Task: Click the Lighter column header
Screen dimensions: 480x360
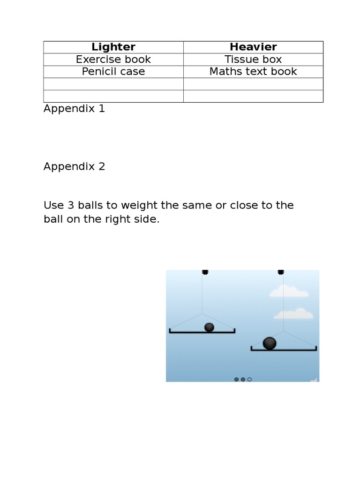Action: point(113,47)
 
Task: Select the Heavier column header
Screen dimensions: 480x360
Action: point(253,47)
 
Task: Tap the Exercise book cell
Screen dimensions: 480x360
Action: point(113,60)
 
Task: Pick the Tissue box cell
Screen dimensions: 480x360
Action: point(253,60)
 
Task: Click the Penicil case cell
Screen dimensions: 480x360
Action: point(113,72)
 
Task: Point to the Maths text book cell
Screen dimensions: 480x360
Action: point(253,72)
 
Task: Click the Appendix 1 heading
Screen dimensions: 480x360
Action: point(74,109)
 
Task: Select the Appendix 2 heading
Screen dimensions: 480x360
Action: point(74,167)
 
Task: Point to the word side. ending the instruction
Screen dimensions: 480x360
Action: point(149,219)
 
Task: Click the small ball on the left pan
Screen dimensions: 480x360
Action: point(209,327)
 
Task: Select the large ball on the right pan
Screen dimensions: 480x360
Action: point(270,344)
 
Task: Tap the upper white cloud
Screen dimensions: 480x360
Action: point(289,292)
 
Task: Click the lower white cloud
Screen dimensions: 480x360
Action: point(293,314)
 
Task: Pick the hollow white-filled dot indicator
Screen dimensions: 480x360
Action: point(249,379)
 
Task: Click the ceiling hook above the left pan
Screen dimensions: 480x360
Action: point(205,272)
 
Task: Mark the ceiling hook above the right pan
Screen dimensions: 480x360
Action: point(281,272)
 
